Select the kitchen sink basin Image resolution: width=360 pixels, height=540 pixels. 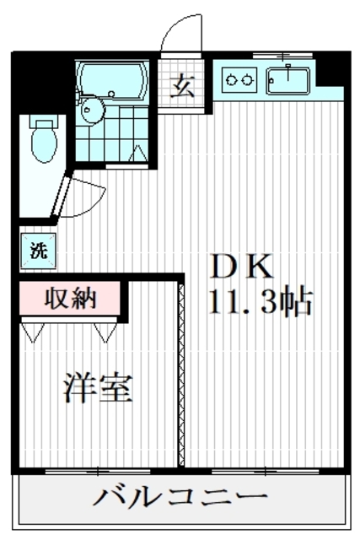pos(288,81)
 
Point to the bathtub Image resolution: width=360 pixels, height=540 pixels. pos(110,80)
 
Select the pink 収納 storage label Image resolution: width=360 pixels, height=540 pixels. pos(71,298)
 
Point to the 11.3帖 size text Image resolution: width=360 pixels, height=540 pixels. pos(261,301)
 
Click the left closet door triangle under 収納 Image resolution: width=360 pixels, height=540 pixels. pos(32,332)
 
